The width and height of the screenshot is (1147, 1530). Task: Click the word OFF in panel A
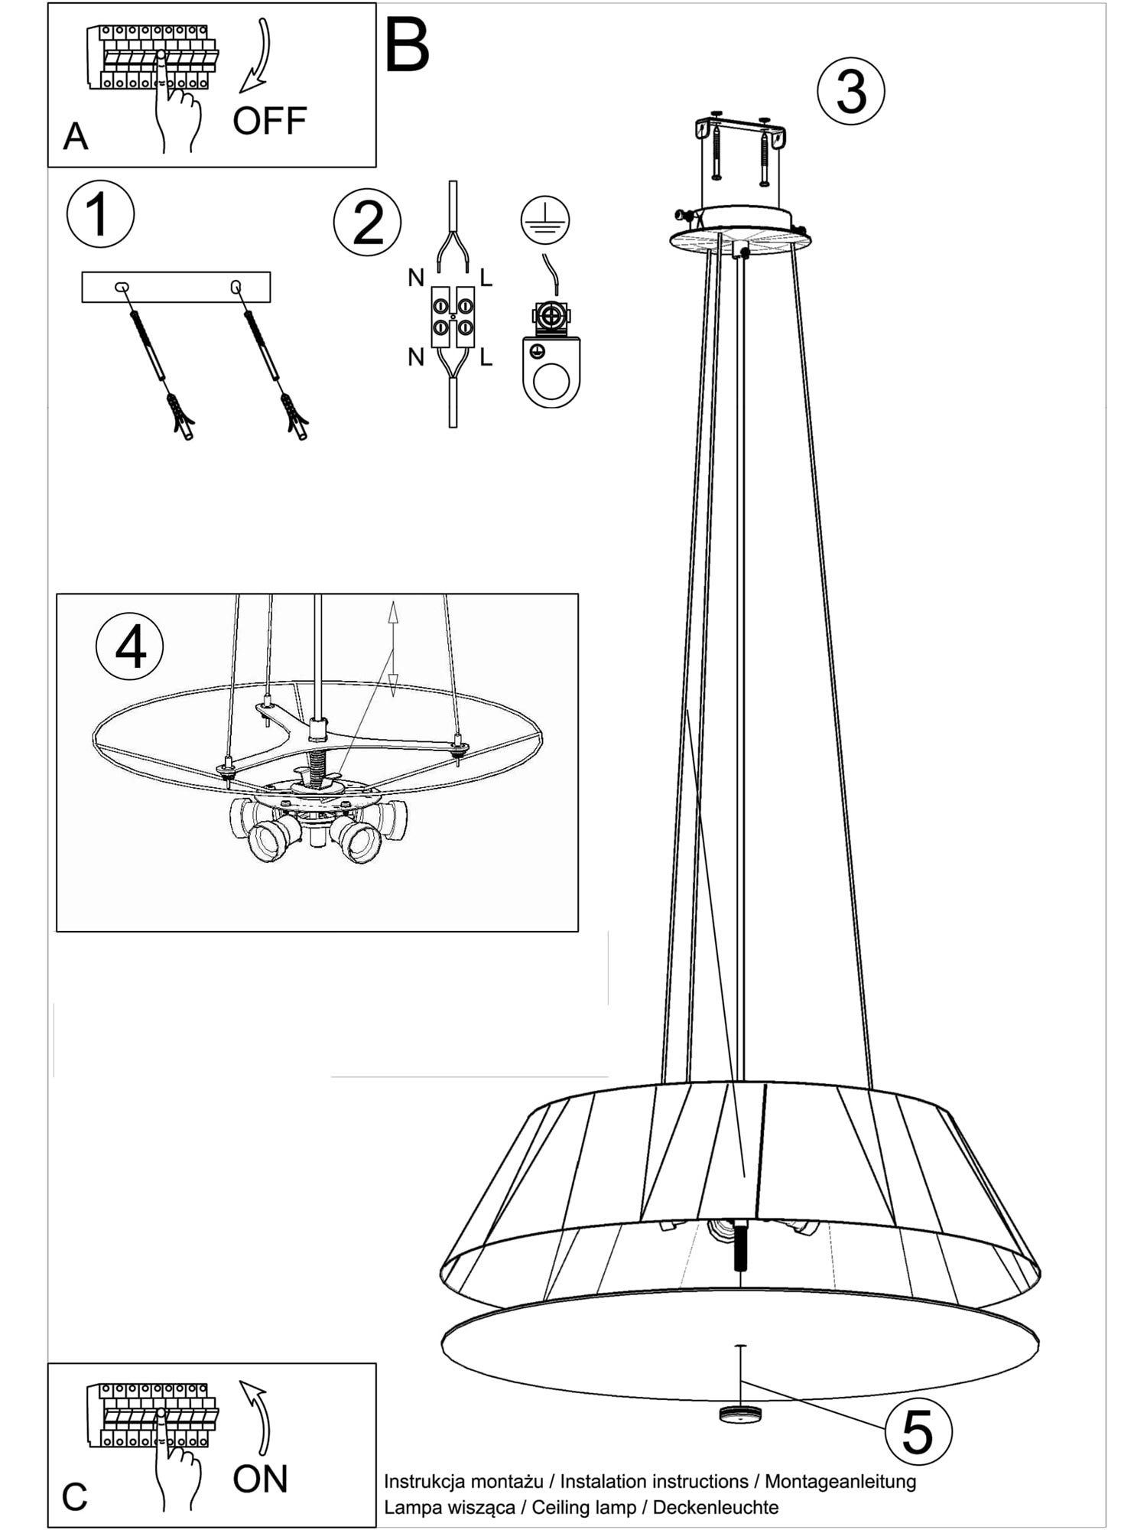click(x=269, y=121)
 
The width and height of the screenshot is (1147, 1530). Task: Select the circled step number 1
click(x=100, y=213)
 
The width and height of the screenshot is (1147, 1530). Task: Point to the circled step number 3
click(x=851, y=92)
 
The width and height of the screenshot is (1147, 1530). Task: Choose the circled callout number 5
click(x=918, y=1431)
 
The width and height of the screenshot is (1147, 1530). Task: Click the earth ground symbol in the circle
click(x=544, y=220)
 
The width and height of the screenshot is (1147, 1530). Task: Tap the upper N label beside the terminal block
click(x=416, y=278)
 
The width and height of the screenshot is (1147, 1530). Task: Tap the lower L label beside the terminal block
click(x=486, y=356)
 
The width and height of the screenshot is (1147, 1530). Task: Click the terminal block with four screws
click(x=453, y=317)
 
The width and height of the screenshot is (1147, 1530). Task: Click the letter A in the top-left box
click(x=76, y=137)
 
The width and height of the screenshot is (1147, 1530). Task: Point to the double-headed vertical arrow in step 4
click(x=393, y=649)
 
